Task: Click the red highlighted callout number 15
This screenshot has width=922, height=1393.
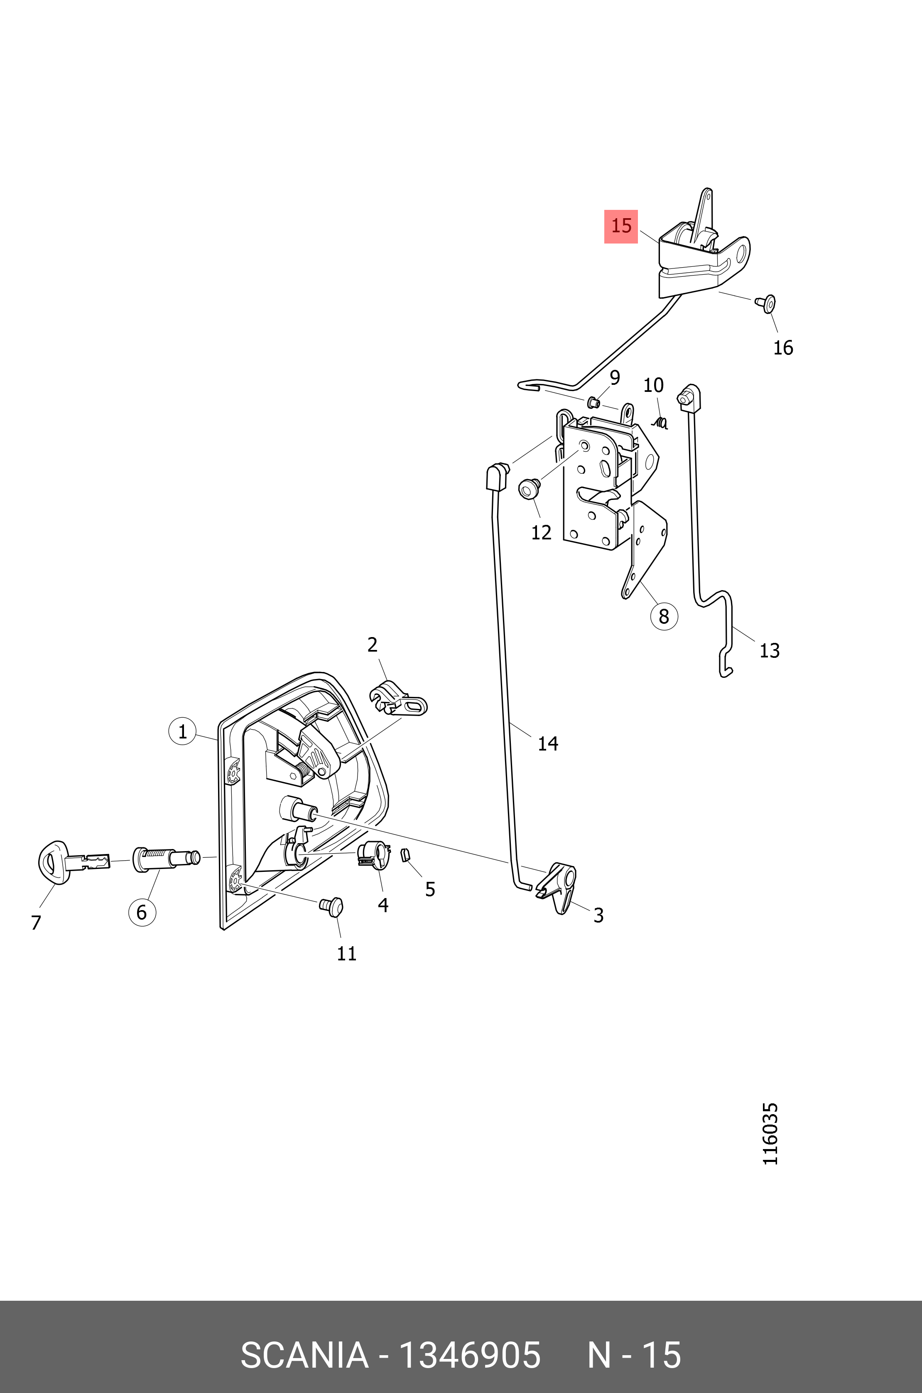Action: tap(621, 226)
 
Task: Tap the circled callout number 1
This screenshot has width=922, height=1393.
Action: tap(182, 732)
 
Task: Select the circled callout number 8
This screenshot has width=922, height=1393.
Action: tap(664, 616)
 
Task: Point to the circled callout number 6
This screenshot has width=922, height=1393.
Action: tap(142, 913)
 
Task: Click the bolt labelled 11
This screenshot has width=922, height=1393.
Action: tap(332, 906)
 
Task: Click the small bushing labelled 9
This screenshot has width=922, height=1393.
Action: tap(594, 402)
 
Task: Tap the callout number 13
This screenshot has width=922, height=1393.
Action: tap(769, 651)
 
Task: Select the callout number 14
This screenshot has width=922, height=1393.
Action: tap(547, 743)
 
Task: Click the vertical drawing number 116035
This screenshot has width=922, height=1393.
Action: tap(770, 1134)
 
